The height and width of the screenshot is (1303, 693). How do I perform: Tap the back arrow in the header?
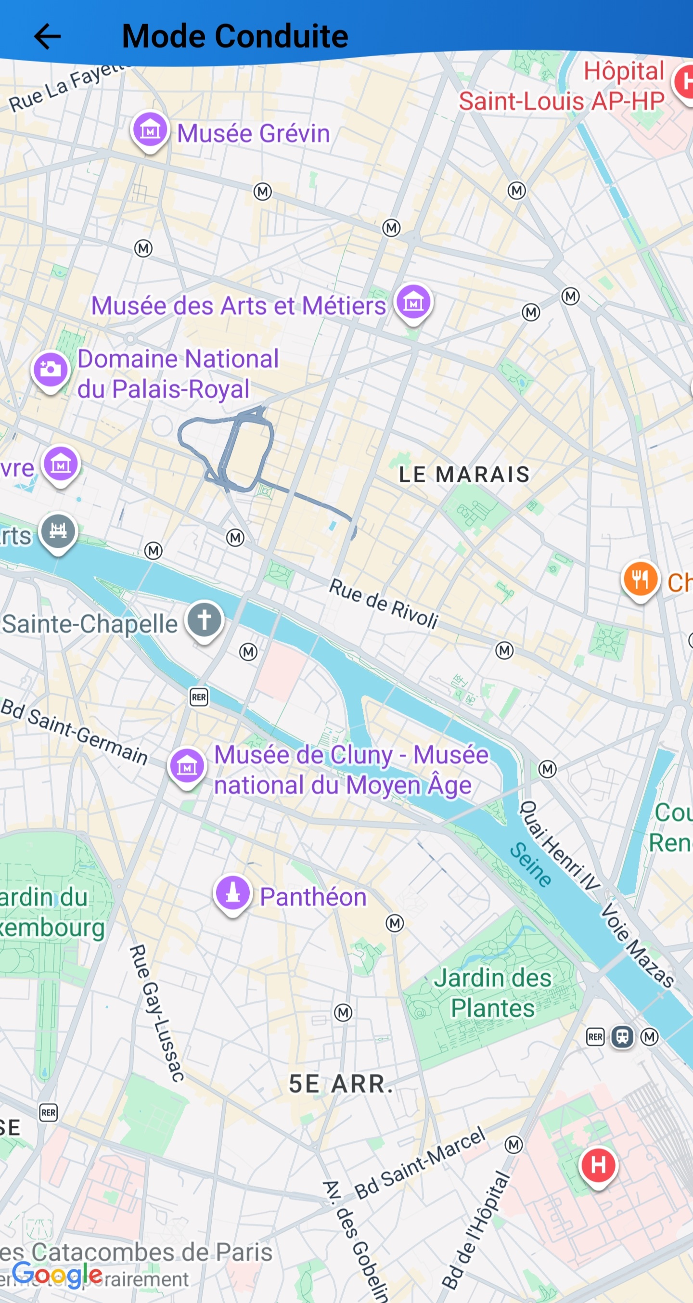[x=47, y=37]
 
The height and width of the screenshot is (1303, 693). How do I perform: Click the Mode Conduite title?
[x=235, y=37]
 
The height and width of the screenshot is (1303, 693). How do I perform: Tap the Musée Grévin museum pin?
[x=150, y=130]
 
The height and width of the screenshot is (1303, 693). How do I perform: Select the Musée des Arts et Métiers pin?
[x=413, y=302]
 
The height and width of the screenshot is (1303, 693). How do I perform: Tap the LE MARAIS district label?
[x=464, y=474]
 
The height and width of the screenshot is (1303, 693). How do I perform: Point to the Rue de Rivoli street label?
[x=384, y=604]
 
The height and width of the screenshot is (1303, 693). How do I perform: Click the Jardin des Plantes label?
[x=493, y=993]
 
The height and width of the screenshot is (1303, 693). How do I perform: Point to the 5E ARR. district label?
[x=340, y=1084]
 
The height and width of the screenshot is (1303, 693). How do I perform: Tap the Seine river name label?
[x=530, y=864]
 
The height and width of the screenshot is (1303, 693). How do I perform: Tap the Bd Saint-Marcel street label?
[x=420, y=1163]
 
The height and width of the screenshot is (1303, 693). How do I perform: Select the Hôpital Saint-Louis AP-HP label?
[x=562, y=86]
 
